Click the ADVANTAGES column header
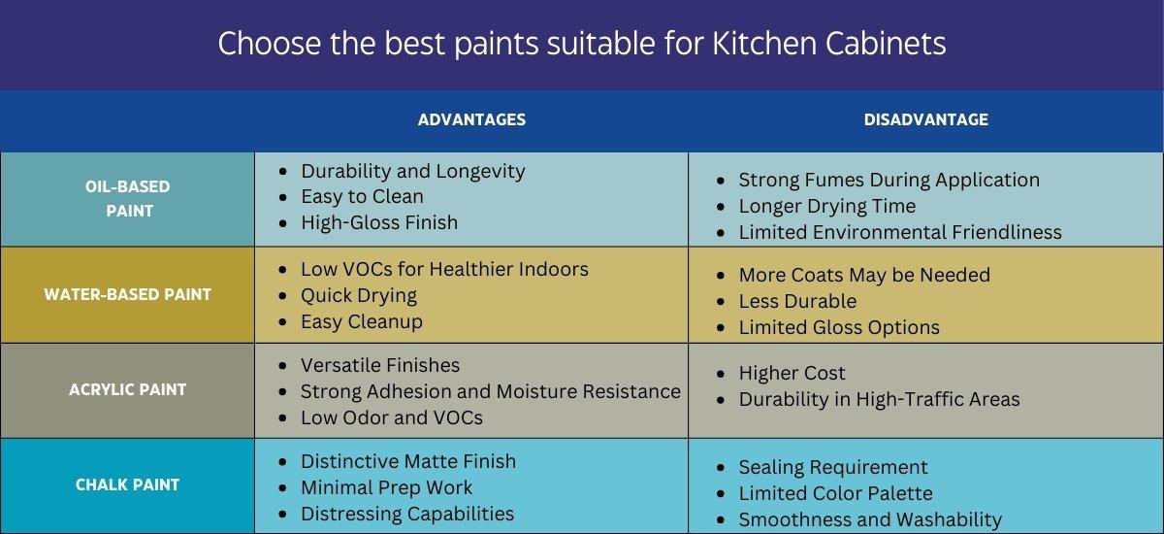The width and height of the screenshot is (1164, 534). [471, 119]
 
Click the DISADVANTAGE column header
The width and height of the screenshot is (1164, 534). [925, 119]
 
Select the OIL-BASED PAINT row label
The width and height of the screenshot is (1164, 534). [128, 198]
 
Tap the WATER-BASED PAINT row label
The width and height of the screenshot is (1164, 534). [128, 294]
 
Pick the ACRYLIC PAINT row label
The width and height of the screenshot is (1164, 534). [128, 389]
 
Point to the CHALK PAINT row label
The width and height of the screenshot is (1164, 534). [128, 484]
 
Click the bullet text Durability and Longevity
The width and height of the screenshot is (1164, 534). [412, 171]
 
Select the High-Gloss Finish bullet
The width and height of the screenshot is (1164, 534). [378, 222]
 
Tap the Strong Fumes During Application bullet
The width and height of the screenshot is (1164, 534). [889, 180]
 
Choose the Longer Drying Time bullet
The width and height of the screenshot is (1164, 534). [826, 206]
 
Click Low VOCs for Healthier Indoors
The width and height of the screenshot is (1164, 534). [444, 269]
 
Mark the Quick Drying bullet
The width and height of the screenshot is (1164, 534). [358, 295]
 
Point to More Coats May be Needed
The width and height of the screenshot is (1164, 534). [863, 275]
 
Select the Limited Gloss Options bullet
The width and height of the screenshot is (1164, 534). [838, 327]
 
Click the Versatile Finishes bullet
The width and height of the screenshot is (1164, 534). [380, 365]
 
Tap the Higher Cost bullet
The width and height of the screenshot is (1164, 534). [792, 373]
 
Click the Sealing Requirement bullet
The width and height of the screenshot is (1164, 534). [832, 467]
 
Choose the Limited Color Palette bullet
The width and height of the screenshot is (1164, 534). [835, 493]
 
